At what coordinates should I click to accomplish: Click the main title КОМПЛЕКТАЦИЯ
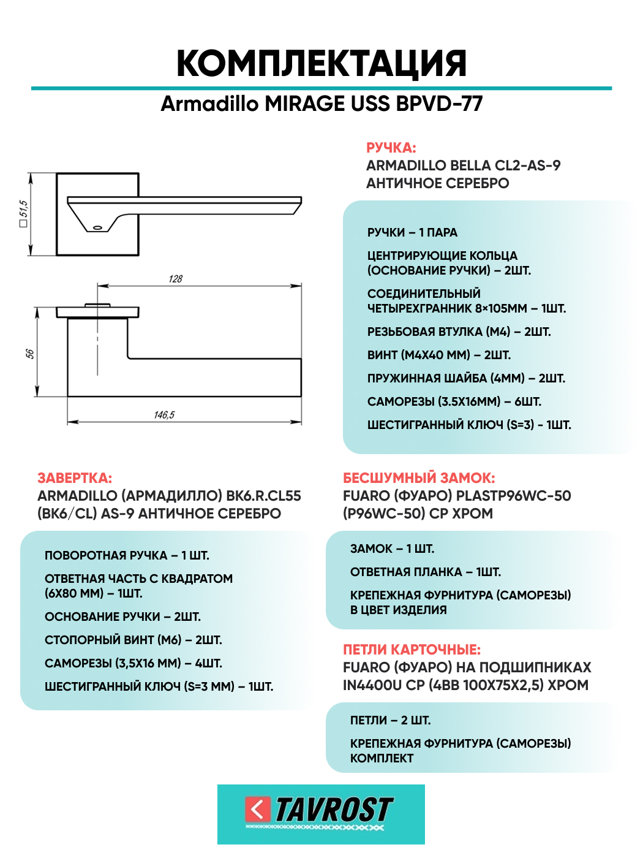pos(321,63)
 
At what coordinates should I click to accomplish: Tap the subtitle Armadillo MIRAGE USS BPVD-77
pos(321,104)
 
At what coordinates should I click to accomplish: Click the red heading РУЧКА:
pos(391,148)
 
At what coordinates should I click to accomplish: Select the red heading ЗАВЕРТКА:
pos(75,478)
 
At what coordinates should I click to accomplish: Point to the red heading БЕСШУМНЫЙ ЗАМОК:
pos(419,478)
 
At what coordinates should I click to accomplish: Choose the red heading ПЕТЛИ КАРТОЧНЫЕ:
pos(412,650)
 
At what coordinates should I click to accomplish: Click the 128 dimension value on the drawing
pos(176,279)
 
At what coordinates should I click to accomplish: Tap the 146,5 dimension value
pos(164,415)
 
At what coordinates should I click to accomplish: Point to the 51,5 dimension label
pos(23,213)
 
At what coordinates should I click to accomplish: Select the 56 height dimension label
pos(29,354)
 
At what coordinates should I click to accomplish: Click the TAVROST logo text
pos(334,810)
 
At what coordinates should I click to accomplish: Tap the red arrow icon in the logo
pos(258,809)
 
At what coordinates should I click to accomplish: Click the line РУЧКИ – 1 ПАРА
pos(412,232)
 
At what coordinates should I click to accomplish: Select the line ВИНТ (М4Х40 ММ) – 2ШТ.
pos(438,355)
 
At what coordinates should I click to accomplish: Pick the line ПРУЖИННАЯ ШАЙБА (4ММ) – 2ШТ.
pos(466,378)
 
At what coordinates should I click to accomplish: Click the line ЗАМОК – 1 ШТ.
pos(392,549)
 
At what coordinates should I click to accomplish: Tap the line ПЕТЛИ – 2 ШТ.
pos(390,720)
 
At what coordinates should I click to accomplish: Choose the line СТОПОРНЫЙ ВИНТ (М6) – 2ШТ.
pos(133,640)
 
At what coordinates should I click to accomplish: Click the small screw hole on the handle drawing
pos(97,227)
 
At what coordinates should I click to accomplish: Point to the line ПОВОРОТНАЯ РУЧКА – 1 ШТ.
pos(127,555)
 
